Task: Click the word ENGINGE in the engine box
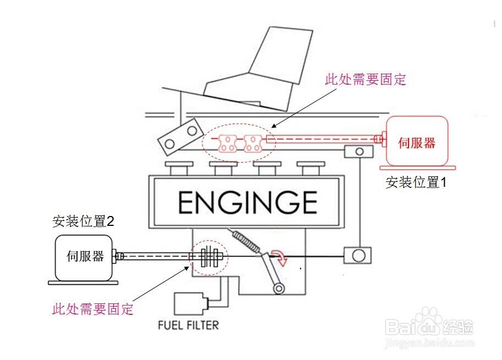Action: point(247,202)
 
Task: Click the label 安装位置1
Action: point(416,182)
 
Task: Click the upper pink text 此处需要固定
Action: point(365,79)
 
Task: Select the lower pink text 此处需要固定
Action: point(92,308)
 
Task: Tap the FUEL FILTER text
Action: point(188,325)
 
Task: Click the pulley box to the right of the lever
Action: point(357,255)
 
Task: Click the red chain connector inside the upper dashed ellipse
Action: point(239,143)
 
